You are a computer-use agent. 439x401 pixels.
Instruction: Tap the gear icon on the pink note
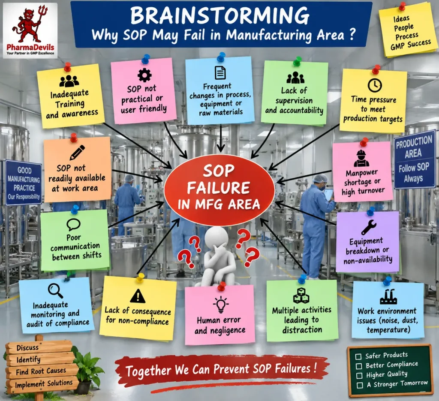pyautogui.click(x=144, y=75)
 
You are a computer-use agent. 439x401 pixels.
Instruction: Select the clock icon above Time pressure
pyautogui.click(x=375, y=85)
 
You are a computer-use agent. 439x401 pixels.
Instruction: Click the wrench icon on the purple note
pyautogui.click(x=369, y=227)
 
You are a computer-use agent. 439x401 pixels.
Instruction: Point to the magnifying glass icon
pyautogui.click(x=55, y=291)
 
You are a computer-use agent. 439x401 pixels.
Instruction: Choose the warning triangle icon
pyautogui.click(x=138, y=296)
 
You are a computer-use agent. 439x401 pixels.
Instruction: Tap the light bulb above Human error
pyautogui.click(x=221, y=305)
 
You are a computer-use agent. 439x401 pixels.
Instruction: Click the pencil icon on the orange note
pyautogui.click(x=77, y=153)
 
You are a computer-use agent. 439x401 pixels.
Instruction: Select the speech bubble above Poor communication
pyautogui.click(x=74, y=224)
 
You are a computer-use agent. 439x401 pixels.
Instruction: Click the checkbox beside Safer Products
pyautogui.click(x=358, y=356)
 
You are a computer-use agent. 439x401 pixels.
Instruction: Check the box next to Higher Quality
pyautogui.click(x=359, y=375)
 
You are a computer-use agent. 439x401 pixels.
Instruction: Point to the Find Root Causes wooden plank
pyautogui.click(x=42, y=371)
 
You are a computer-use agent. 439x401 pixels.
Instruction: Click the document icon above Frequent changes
pyautogui.click(x=220, y=73)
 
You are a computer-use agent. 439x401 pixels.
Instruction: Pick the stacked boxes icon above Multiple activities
pyautogui.click(x=301, y=296)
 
